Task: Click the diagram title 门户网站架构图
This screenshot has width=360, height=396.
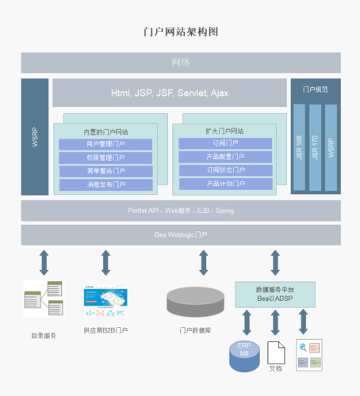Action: click(x=181, y=32)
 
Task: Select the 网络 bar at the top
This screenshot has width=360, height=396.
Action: click(x=181, y=63)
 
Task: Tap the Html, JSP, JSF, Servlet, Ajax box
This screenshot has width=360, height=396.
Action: click(x=169, y=93)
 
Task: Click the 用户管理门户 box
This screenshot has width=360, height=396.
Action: click(x=105, y=145)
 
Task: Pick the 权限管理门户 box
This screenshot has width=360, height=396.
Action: click(x=105, y=158)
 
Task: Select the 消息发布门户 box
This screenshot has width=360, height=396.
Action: click(x=105, y=185)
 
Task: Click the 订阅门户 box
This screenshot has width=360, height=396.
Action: click(x=225, y=143)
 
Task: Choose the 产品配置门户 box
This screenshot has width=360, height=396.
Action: click(x=225, y=157)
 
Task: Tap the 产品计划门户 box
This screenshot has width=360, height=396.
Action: click(x=225, y=184)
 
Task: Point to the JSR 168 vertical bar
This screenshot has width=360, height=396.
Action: click(x=299, y=147)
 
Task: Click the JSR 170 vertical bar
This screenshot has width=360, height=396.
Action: click(x=315, y=147)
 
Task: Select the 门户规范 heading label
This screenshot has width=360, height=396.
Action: click(x=316, y=90)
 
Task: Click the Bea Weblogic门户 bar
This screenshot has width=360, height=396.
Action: click(x=181, y=235)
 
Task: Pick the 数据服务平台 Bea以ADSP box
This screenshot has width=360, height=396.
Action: click(x=275, y=294)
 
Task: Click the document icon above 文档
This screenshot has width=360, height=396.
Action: click(x=275, y=351)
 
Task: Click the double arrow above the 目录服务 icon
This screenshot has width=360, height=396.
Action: click(x=44, y=262)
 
